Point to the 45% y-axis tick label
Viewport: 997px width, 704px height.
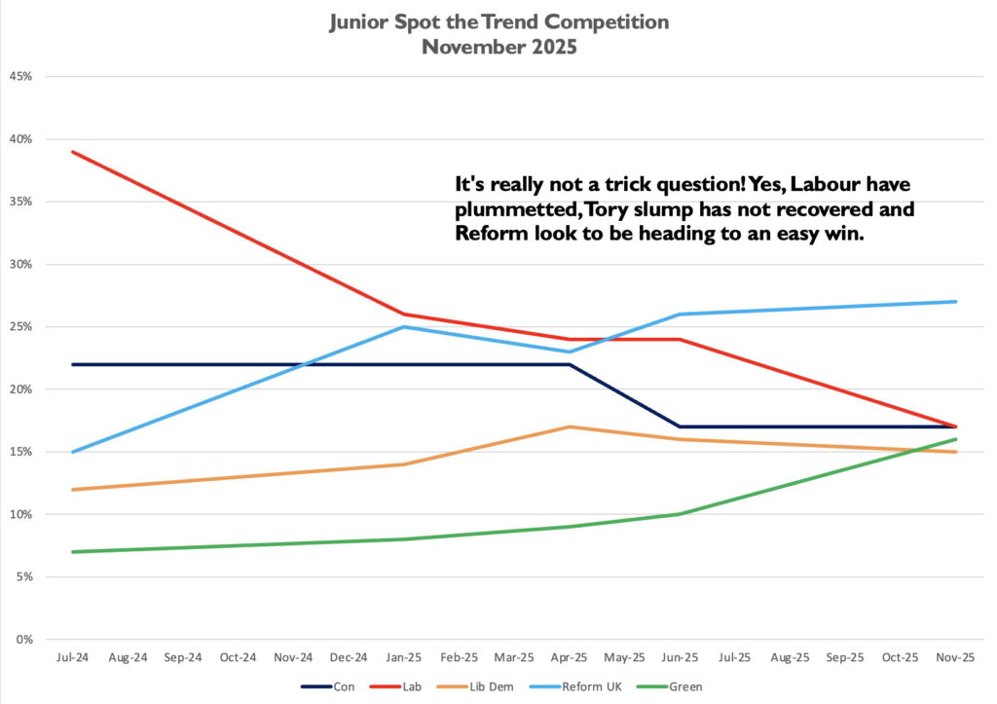[x=21, y=77]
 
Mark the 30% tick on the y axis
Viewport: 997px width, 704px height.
[x=21, y=265]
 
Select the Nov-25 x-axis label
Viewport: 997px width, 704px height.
[x=956, y=657]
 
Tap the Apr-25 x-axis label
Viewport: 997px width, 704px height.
[x=571, y=657]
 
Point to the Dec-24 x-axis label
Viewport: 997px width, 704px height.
[x=350, y=657]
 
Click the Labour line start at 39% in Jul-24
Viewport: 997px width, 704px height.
[x=74, y=152]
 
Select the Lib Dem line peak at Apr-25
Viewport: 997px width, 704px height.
[x=571, y=426]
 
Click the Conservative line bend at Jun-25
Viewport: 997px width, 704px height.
[x=681, y=426]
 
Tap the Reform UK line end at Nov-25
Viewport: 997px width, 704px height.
[x=956, y=302]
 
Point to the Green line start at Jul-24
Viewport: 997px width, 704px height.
[x=74, y=552]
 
